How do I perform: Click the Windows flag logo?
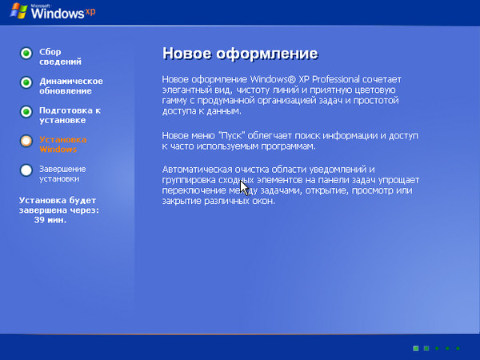pos(18,10)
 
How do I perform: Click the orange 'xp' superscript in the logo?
pos(90,12)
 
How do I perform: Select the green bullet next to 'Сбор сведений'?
pos(26,54)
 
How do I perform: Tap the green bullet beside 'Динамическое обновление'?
pos(26,82)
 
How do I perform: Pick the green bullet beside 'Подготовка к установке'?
pos(26,112)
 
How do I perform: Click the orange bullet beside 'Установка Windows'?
pos(26,141)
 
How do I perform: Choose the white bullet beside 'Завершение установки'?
pos(26,170)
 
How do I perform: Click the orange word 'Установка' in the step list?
pos(62,140)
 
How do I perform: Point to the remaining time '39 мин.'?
pos(50,220)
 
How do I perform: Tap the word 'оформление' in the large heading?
pos(267,54)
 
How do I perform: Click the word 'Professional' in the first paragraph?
pos(335,79)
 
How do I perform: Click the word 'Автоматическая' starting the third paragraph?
pos(197,170)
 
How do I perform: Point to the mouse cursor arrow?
pos(244,188)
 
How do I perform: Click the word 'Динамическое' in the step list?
pos(71,81)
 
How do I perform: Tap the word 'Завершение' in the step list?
pos(62,169)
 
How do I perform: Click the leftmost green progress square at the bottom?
pos(416,348)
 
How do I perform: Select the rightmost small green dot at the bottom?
pos(458,348)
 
